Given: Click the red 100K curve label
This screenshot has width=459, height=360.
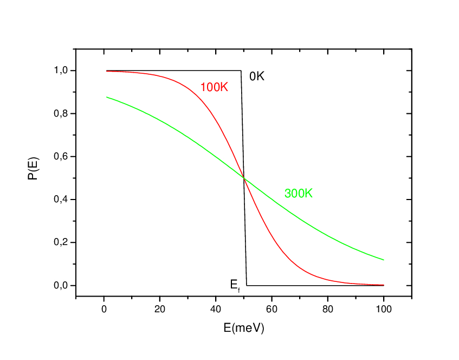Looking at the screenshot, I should pos(214,87).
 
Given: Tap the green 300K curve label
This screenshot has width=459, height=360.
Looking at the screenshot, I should pos(299,194).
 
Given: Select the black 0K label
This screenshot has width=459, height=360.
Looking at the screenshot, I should pos(256,76).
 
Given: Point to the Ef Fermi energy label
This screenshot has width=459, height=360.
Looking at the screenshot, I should pos(235,284).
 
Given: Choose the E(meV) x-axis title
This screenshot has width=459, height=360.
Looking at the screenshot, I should pos(244,328).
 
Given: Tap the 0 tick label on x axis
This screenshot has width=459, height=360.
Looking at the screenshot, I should pos(104,310).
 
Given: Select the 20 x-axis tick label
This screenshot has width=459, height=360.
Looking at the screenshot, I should pos(160,310).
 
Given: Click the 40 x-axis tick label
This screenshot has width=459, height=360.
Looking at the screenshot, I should pos(216,310).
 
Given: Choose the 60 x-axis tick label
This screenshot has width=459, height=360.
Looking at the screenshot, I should pos(271,310).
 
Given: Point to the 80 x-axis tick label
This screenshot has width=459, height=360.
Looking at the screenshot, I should pos(327,310).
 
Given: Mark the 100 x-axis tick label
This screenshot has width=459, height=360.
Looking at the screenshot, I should pos(383,310).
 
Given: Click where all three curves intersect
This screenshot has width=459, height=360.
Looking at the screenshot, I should pos(244,178).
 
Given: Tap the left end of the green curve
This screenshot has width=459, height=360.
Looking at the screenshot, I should pos(107,97).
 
